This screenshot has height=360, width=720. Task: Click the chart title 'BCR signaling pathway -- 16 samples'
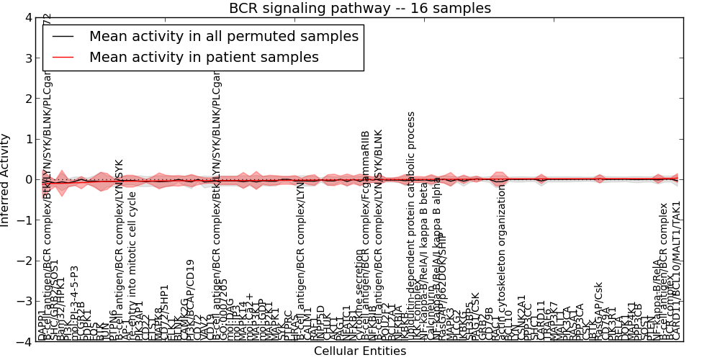tap(360, 9)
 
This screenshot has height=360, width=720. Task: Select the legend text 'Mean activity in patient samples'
tap(204, 57)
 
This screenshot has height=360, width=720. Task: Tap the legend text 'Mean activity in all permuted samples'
tap(223, 36)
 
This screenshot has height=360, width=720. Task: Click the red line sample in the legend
tap(63, 57)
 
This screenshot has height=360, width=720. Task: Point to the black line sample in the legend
tap(63, 36)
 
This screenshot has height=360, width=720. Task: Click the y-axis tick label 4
tap(28, 17)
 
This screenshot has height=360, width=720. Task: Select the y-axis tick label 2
tap(28, 99)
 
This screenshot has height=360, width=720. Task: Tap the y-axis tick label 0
tap(28, 179)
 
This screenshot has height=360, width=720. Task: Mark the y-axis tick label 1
tap(28, 139)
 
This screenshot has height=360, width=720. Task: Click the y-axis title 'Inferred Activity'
tap(6, 180)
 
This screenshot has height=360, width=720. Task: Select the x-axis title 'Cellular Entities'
tap(360, 351)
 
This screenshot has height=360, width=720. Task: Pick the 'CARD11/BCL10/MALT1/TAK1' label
tap(676, 270)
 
